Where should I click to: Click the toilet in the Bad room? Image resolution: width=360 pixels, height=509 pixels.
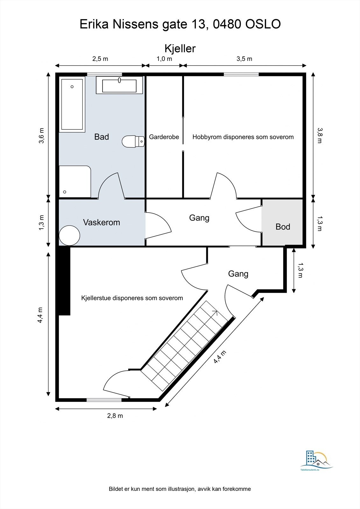[133, 142]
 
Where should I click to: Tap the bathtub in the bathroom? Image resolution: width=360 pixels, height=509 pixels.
[72, 104]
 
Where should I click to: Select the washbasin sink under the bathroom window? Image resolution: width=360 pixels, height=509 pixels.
[119, 85]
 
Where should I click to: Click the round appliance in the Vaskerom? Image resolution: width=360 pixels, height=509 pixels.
[69, 235]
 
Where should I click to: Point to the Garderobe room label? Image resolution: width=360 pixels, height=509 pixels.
[164, 137]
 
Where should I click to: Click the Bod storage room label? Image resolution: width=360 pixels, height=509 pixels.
[283, 227]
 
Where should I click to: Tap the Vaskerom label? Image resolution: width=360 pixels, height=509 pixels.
[102, 222]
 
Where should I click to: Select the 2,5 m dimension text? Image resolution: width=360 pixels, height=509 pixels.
[100, 59]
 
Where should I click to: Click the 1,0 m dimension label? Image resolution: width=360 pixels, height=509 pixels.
[164, 59]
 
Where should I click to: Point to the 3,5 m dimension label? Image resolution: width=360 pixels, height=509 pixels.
[244, 59]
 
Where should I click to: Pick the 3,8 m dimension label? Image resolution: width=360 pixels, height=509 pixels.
[320, 136]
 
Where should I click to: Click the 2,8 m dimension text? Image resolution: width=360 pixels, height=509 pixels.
[115, 415]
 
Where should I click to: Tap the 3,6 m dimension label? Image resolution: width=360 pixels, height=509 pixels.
[41, 136]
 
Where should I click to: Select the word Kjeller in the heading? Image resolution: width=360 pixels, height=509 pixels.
[180, 48]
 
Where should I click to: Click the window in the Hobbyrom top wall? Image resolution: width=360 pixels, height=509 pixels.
[241, 74]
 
